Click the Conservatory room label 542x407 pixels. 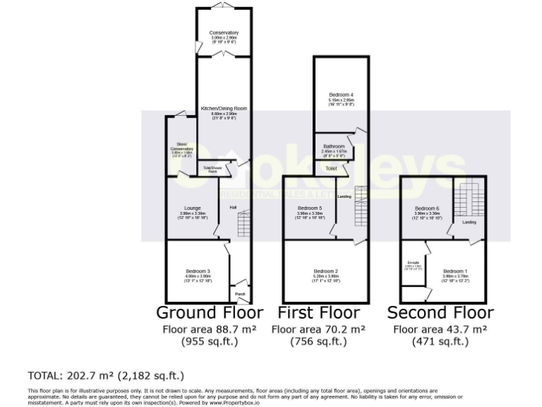(224, 33)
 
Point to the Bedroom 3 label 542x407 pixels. (198, 271)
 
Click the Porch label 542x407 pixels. (240, 294)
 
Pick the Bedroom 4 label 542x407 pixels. (341, 95)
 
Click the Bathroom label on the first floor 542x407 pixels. (333, 147)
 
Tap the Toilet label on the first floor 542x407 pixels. (331, 169)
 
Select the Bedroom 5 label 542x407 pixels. (311, 208)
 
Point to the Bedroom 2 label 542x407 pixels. (326, 271)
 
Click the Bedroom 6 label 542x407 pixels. (427, 208)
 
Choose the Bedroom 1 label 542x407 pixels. (455, 271)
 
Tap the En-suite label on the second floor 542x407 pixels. (414, 264)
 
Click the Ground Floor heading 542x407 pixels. (209, 312)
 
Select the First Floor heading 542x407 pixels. (319, 312)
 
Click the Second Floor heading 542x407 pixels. (440, 312)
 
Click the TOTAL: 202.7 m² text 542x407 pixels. (106, 375)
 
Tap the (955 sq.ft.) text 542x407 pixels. (209, 342)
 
